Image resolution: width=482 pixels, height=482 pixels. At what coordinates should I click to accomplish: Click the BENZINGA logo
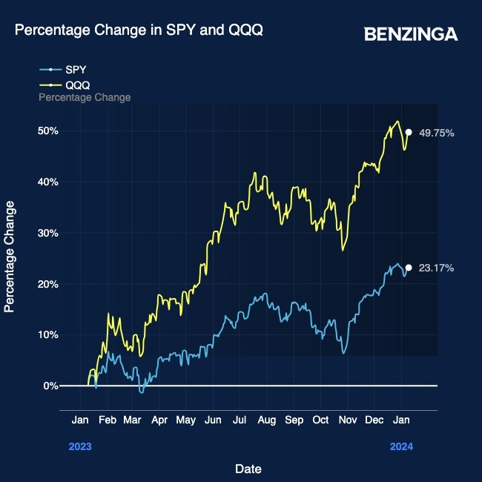pos(411,34)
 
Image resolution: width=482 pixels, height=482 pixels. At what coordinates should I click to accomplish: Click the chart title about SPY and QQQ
pos(139,30)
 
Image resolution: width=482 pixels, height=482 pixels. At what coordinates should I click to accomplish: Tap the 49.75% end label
pos(436,133)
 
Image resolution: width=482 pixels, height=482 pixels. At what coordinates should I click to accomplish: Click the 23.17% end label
pos(436,268)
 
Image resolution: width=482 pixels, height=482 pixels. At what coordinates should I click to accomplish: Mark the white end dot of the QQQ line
pos(409,132)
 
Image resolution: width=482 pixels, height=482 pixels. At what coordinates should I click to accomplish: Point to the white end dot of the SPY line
pos(409,268)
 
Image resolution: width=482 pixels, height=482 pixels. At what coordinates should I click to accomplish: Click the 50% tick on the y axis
pos(49,131)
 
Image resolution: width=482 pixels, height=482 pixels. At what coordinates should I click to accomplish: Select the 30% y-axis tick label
pos(49,233)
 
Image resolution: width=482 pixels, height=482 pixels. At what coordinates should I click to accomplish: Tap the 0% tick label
pos(51,386)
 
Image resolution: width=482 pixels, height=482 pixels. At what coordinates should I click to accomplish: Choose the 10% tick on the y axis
pos(49,334)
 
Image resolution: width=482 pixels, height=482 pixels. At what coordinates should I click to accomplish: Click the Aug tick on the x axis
pos(267,420)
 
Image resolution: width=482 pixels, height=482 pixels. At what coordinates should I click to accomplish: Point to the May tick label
pos(186,420)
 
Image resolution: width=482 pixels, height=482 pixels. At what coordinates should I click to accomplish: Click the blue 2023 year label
pos(80,446)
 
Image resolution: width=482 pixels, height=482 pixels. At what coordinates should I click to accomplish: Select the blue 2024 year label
pos(401,446)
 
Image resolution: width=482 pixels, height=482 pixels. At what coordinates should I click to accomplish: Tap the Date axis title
pos(248,469)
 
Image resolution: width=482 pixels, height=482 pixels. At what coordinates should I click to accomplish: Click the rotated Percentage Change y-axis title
pos(10,265)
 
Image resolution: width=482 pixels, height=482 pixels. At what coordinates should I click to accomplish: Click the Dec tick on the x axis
pos(374,420)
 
